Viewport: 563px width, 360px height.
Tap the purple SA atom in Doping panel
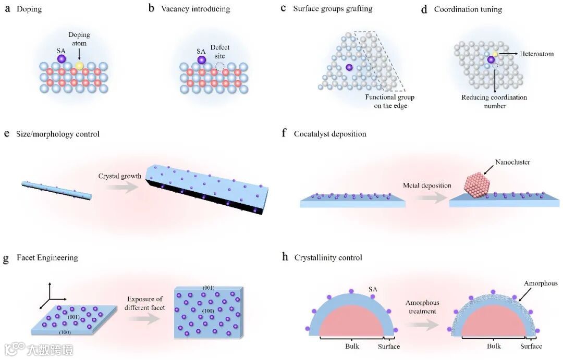(62, 59)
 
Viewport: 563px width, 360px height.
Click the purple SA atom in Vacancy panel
(201, 60)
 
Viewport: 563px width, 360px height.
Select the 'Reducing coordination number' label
(494, 102)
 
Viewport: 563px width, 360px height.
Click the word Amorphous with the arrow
(541, 283)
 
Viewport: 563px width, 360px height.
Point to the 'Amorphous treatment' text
(422, 307)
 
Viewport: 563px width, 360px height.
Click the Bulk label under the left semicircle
(352, 346)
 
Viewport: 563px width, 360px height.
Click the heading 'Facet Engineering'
(47, 258)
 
